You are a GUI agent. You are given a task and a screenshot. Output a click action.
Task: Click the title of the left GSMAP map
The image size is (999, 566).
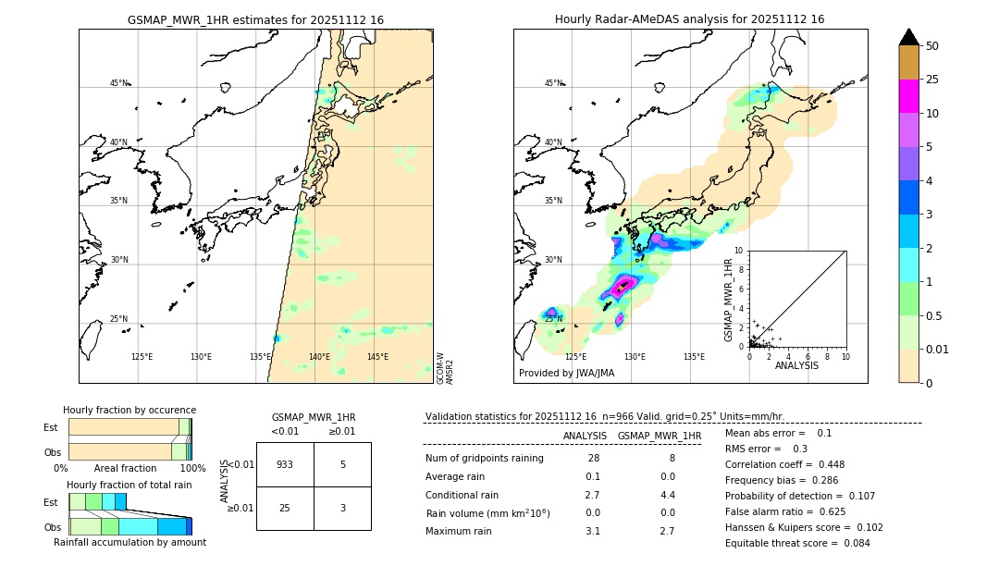(255, 19)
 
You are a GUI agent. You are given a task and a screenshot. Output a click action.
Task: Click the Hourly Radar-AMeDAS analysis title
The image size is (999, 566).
(689, 19)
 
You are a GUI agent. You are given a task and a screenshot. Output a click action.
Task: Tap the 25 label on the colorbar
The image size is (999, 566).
(932, 80)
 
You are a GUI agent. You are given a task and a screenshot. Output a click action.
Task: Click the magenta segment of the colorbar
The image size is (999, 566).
(908, 96)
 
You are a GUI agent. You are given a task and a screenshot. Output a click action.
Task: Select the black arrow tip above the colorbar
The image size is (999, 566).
(908, 36)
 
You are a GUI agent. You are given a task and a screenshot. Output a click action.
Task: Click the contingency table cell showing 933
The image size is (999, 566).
(285, 464)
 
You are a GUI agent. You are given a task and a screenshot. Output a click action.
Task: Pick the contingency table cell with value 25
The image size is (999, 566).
(285, 509)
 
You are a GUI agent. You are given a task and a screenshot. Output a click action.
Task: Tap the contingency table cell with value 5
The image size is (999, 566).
(342, 464)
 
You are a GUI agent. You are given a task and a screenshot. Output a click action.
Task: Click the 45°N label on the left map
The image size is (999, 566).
(118, 83)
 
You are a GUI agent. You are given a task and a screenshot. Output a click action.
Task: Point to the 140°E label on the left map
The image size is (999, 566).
(319, 357)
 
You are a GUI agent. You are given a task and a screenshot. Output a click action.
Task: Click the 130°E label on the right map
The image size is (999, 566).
(635, 357)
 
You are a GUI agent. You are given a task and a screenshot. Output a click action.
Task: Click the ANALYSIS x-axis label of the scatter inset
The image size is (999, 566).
(796, 366)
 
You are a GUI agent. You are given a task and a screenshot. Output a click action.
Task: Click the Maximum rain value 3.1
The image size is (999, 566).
(593, 531)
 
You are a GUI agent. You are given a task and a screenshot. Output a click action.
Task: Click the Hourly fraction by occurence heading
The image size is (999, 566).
(129, 410)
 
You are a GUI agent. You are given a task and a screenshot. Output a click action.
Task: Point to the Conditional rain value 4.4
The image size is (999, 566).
(667, 495)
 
